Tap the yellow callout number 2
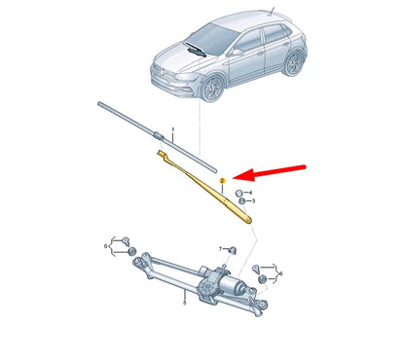click(223, 181)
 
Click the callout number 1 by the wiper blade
click(172, 129)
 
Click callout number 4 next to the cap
click(253, 194)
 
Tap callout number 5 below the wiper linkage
click(182, 303)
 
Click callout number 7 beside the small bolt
click(221, 249)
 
